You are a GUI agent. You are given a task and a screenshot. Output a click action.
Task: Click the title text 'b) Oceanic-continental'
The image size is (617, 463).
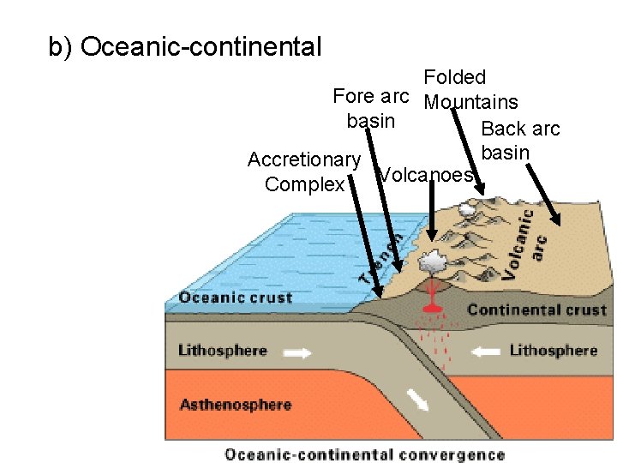point(185,46)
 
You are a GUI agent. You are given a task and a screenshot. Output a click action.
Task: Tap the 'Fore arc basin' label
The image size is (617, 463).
point(371,108)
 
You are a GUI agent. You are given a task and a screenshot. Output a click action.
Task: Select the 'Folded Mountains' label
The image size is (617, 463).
point(470,90)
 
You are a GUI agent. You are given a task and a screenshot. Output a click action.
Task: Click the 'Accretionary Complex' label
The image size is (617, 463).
point(304,171)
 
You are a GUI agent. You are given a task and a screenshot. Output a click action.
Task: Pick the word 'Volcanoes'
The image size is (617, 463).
point(426,175)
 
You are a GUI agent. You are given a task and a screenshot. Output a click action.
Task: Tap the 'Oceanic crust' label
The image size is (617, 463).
point(235,298)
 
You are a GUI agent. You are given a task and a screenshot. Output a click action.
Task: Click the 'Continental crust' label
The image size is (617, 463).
point(536,310)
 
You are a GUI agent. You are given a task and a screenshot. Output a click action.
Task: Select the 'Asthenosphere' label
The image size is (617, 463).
point(235,405)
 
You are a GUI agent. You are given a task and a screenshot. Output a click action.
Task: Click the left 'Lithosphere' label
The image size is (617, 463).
point(222,351)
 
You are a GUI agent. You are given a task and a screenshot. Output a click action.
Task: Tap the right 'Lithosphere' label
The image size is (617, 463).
point(553,351)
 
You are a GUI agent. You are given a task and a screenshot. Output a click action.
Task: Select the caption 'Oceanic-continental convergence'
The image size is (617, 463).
point(364,454)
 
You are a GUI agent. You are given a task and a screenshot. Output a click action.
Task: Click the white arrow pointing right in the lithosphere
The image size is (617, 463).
point(299,352)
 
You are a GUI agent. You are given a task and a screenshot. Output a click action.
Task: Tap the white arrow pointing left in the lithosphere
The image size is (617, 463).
point(485,351)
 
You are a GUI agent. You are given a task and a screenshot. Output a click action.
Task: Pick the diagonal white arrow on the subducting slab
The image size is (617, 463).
point(419,400)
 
